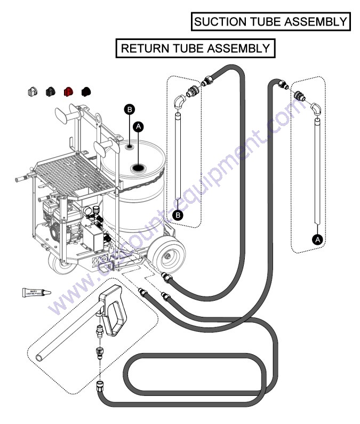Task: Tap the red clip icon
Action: pyautogui.click(x=68, y=92)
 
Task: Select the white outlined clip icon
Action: pyautogui.click(x=32, y=92)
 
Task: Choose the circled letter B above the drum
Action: pyautogui.click(x=128, y=109)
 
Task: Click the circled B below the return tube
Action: pyautogui.click(x=179, y=215)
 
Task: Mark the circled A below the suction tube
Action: pyautogui.click(x=318, y=239)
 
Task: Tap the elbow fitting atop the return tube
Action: pyautogui.click(x=180, y=100)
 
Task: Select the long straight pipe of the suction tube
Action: pyautogui.click(x=317, y=171)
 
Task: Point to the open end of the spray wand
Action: pyautogui.click(x=39, y=356)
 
